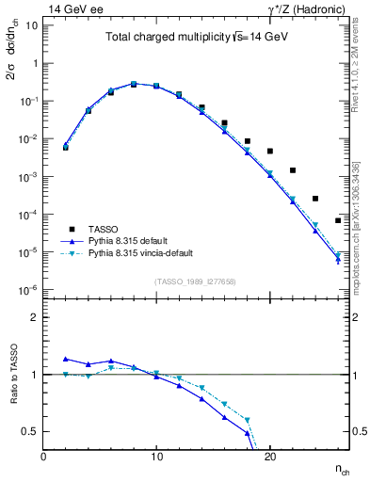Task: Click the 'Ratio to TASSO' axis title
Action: (x=12, y=377)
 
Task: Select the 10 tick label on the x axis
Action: (x=156, y=455)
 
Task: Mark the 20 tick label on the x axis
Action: (x=269, y=455)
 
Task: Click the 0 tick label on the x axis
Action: (x=43, y=455)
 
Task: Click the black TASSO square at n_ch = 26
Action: (x=338, y=220)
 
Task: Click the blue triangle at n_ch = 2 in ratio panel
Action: (x=66, y=359)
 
